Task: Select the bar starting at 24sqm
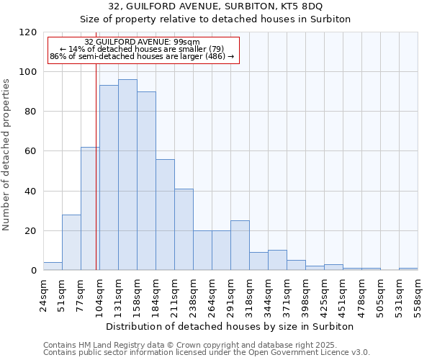pyautogui.click(x=53, y=266)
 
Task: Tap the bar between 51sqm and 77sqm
pyautogui.click(x=71, y=243)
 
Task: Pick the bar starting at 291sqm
pyautogui.click(x=240, y=246)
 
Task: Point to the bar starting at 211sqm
pyautogui.click(x=184, y=230)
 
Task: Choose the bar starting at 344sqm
pyautogui.click(x=277, y=260)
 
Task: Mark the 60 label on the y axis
pyautogui.click(x=31, y=151)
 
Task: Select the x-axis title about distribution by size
pyautogui.click(x=230, y=326)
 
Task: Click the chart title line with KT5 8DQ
pyautogui.click(x=230, y=6)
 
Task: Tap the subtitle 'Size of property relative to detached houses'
pyautogui.click(x=230, y=19)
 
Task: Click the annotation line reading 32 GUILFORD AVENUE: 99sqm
pyautogui.click(x=142, y=42)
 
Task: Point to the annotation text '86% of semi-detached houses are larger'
pyautogui.click(x=142, y=56)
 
